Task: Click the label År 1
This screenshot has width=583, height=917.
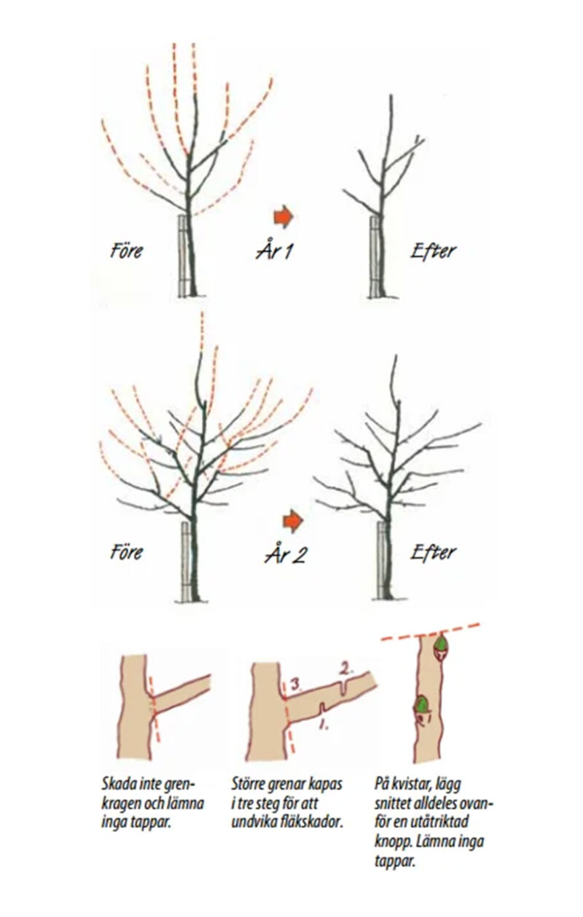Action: click(x=275, y=250)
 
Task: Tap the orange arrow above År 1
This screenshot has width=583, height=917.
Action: click(x=283, y=216)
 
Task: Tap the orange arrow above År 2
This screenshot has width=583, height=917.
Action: click(x=292, y=520)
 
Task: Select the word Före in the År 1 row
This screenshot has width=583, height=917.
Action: click(x=126, y=250)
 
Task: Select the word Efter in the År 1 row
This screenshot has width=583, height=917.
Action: click(x=433, y=250)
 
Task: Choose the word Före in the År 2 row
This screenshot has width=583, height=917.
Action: click(x=126, y=552)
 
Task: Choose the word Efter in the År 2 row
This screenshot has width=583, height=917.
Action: click(x=433, y=551)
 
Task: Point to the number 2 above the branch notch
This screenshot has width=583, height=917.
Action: click(x=346, y=669)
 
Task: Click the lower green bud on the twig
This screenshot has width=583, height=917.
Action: click(x=420, y=705)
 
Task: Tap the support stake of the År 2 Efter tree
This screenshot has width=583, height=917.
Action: click(x=381, y=560)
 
